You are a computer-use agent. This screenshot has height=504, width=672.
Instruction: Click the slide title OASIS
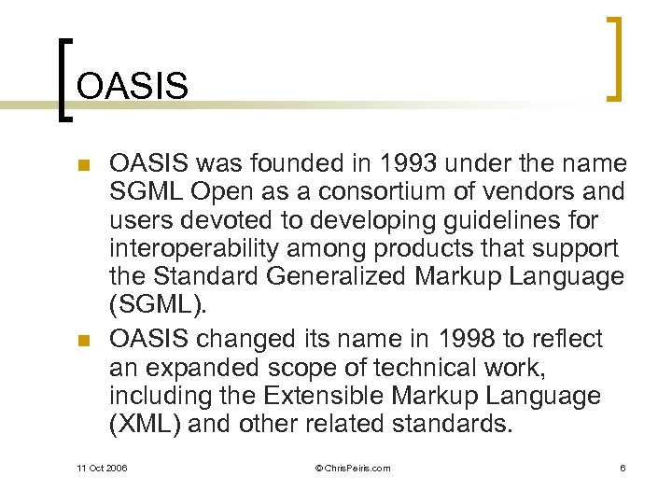[x=133, y=86]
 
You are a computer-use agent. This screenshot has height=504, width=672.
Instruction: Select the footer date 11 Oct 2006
[x=102, y=468]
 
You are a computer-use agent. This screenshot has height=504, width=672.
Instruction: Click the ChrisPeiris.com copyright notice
[x=340, y=468]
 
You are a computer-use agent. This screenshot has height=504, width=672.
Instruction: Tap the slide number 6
[x=622, y=468]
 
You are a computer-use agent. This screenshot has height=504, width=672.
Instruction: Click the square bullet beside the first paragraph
[x=82, y=166]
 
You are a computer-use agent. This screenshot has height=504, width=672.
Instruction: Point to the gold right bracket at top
[x=614, y=58]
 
